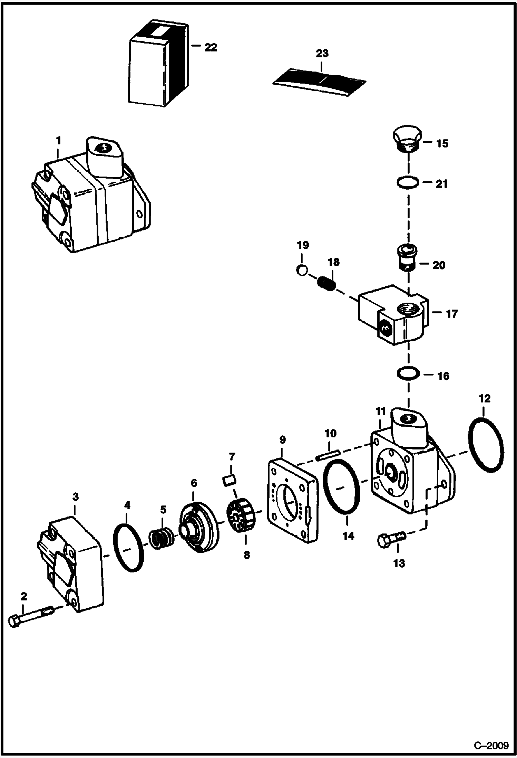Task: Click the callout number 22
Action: pyautogui.click(x=211, y=47)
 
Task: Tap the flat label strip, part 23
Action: pyautogui.click(x=319, y=82)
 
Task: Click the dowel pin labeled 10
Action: pyautogui.click(x=328, y=455)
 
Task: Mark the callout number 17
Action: pyautogui.click(x=451, y=314)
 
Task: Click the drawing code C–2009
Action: pyautogui.click(x=491, y=745)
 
